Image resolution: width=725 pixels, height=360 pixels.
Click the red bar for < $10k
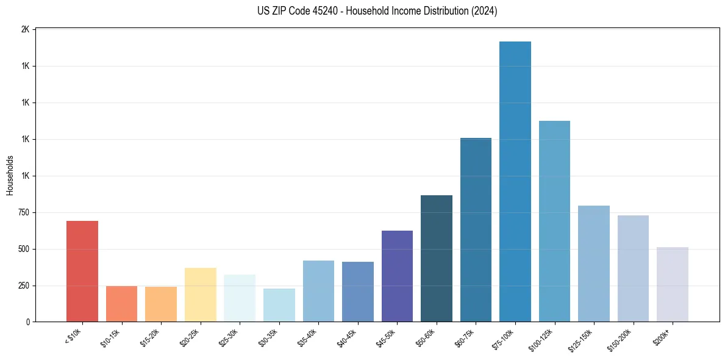(x=82, y=271)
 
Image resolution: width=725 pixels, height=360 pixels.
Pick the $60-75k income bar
(x=476, y=229)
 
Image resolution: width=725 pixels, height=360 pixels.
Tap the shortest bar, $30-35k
(x=279, y=305)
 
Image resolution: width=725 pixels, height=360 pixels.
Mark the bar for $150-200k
(x=633, y=268)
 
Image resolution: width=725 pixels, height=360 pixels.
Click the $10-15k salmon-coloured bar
(x=121, y=303)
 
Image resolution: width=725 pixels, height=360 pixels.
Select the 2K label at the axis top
(x=26, y=29)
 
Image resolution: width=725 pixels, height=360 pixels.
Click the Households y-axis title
(x=10, y=175)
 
